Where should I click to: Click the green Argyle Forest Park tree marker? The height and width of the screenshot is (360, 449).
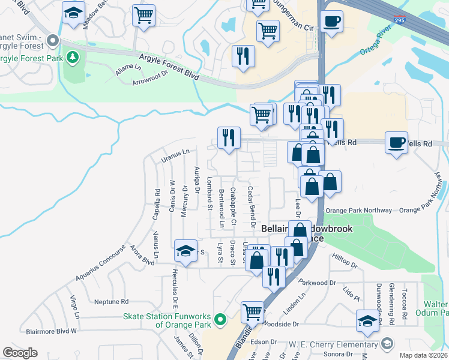tap(73, 58)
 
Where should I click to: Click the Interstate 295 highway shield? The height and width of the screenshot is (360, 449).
tap(399, 20)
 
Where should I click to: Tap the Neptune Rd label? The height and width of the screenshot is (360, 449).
tap(112, 301)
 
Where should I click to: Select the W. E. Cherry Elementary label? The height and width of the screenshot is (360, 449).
tap(324, 344)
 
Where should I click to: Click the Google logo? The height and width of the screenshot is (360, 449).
tap(20, 352)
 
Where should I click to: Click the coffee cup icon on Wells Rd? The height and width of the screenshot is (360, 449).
tap(396, 142)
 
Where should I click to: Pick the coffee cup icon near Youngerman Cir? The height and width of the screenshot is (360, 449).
tap(331, 22)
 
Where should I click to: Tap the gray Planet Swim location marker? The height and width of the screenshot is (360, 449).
tap(53, 41)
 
